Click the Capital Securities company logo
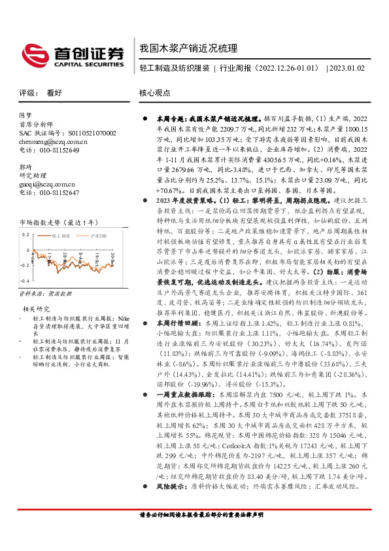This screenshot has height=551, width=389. coord(72,54)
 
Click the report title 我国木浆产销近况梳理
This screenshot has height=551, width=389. coord(188,48)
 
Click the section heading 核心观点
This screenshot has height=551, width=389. coord(155,93)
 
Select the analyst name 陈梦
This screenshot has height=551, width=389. coord(25,114)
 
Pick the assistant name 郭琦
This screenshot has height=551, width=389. coord(25,168)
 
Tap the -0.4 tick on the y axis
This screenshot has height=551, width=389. coord(24,283)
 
